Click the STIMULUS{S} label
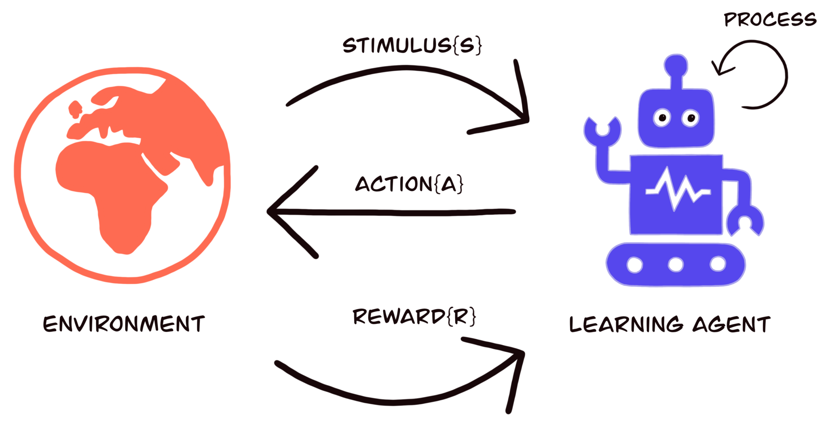pos(412,45)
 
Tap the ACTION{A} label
pos(409,184)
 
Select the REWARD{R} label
pos(414,316)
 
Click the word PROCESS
pos(770,19)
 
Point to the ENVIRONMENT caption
pos(124,324)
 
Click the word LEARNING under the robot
pos(626,325)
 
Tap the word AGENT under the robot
pos(731,325)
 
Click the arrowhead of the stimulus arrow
pos(526,119)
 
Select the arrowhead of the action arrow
pos(271,211)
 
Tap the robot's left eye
pos(662,118)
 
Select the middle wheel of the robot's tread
pos(676,265)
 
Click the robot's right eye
pos(691,118)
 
